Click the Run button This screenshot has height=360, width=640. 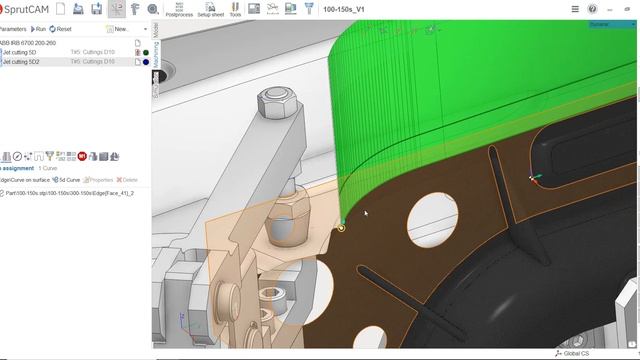coord(38,29)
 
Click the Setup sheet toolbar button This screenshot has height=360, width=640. coord(210,10)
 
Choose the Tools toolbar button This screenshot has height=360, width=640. coord(235,10)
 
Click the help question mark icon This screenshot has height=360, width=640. coord(593,9)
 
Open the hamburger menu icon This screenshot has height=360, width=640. coord(574,9)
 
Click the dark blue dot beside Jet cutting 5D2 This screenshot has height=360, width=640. coord(146,62)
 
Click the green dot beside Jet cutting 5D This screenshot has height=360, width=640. coord(146,52)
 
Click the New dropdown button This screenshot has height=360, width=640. coord(120,29)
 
